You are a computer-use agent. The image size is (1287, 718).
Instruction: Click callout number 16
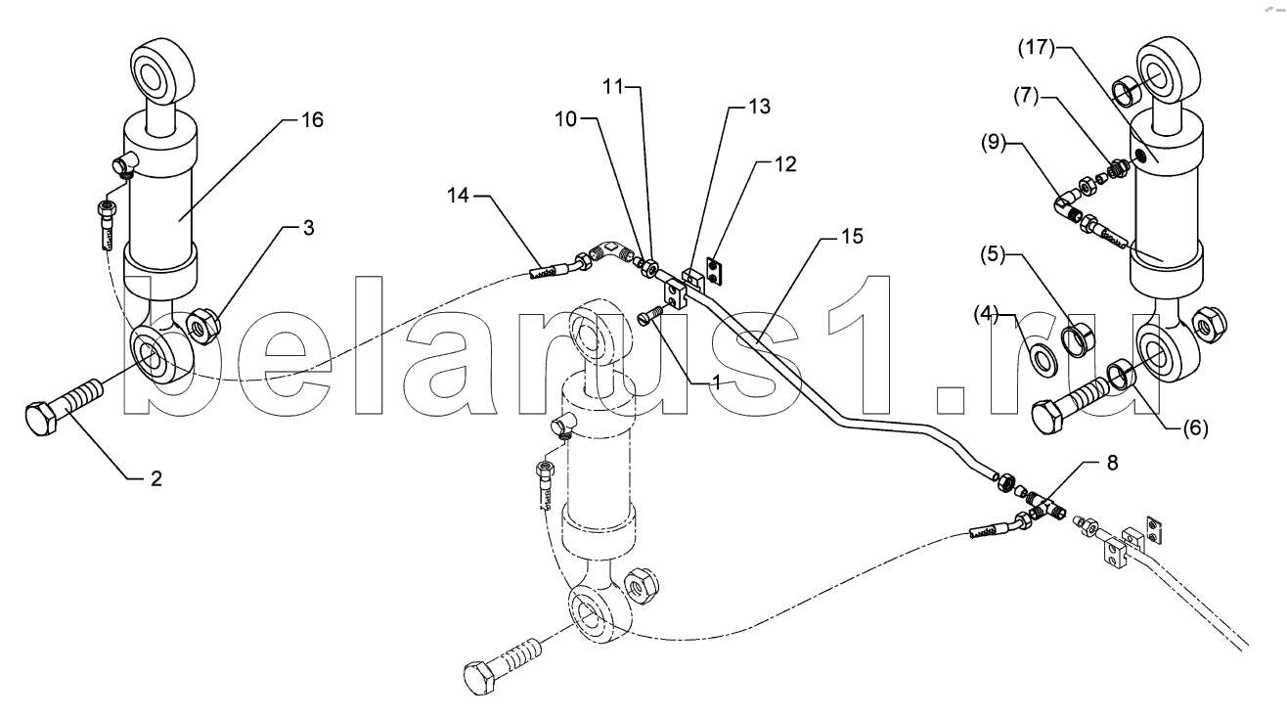(313, 119)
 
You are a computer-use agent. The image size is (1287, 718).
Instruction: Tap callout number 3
(308, 228)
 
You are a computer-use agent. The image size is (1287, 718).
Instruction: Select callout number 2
(156, 478)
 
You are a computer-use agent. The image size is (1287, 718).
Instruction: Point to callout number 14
(458, 196)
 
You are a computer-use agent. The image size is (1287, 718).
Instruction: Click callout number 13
(760, 107)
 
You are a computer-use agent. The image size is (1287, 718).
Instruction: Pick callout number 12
(785, 164)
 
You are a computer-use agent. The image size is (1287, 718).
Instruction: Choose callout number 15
(853, 237)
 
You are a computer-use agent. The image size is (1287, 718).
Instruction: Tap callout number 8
(1112, 463)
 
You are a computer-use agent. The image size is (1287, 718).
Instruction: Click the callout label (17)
(1037, 48)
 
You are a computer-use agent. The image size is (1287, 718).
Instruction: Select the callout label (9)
(994, 143)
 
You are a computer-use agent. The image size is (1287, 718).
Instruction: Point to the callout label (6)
(1195, 428)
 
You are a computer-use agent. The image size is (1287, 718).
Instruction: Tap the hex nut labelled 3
(205, 326)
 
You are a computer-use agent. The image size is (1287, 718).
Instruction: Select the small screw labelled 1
(650, 315)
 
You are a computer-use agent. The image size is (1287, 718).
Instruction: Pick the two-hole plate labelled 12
(715, 271)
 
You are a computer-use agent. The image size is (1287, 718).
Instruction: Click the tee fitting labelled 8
(1044, 509)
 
